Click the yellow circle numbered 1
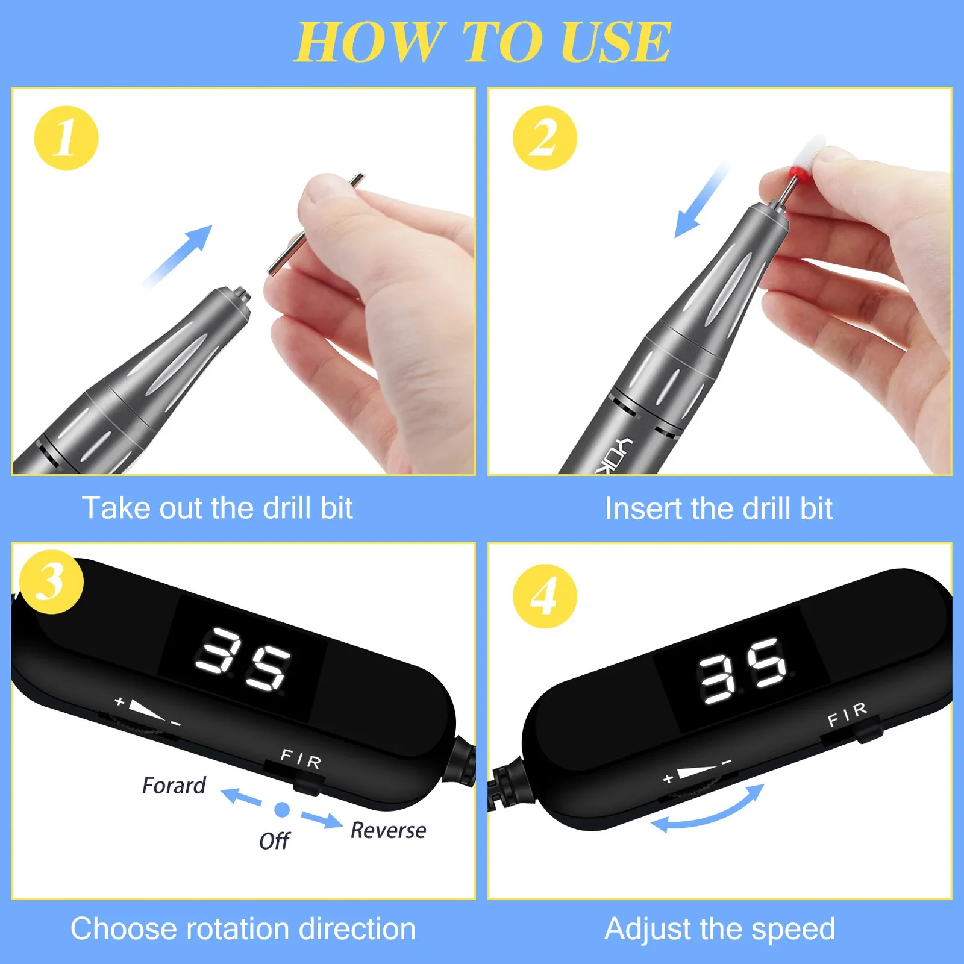(x=66, y=138)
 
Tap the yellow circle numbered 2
(x=545, y=138)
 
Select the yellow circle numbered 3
(x=51, y=581)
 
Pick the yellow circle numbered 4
(x=545, y=596)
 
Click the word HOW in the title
(x=371, y=42)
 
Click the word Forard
(x=174, y=786)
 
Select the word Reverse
(x=388, y=830)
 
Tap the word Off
(x=274, y=841)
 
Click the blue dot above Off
(x=282, y=810)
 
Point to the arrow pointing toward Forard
(x=241, y=797)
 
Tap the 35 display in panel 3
(x=243, y=660)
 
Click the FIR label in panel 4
(x=847, y=714)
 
